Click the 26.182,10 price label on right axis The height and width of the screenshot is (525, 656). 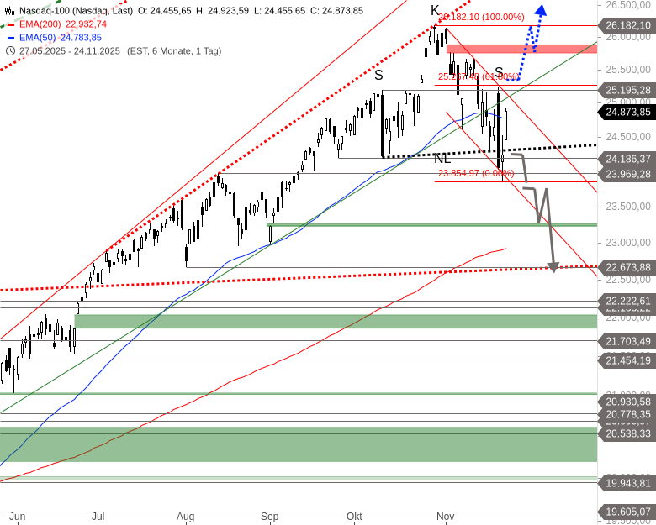pyautogui.click(x=627, y=26)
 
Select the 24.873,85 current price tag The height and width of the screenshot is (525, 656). pyautogui.click(x=627, y=112)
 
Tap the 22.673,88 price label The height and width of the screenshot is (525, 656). pyautogui.click(x=627, y=268)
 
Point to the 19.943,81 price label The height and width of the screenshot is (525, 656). pyautogui.click(x=627, y=483)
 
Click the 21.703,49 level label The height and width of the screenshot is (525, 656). pyautogui.click(x=627, y=341)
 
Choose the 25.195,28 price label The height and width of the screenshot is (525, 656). pyautogui.click(x=627, y=90)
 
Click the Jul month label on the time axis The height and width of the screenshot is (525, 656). pyautogui.click(x=98, y=517)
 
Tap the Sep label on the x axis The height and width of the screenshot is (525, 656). pyautogui.click(x=269, y=517)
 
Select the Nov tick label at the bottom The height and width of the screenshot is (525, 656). pyautogui.click(x=445, y=517)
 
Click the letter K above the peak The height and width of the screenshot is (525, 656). pyautogui.click(x=435, y=10)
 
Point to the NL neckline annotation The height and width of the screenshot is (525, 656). pyautogui.click(x=442, y=158)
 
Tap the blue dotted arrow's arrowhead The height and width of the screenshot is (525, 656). pyautogui.click(x=540, y=11)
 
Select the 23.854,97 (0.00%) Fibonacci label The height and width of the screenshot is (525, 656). pyautogui.click(x=476, y=174)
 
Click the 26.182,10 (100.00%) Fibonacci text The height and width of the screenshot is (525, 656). pyautogui.click(x=481, y=17)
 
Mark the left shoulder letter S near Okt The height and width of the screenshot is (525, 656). pyautogui.click(x=378, y=75)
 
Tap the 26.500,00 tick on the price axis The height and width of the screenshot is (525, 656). pyautogui.click(x=627, y=5)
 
